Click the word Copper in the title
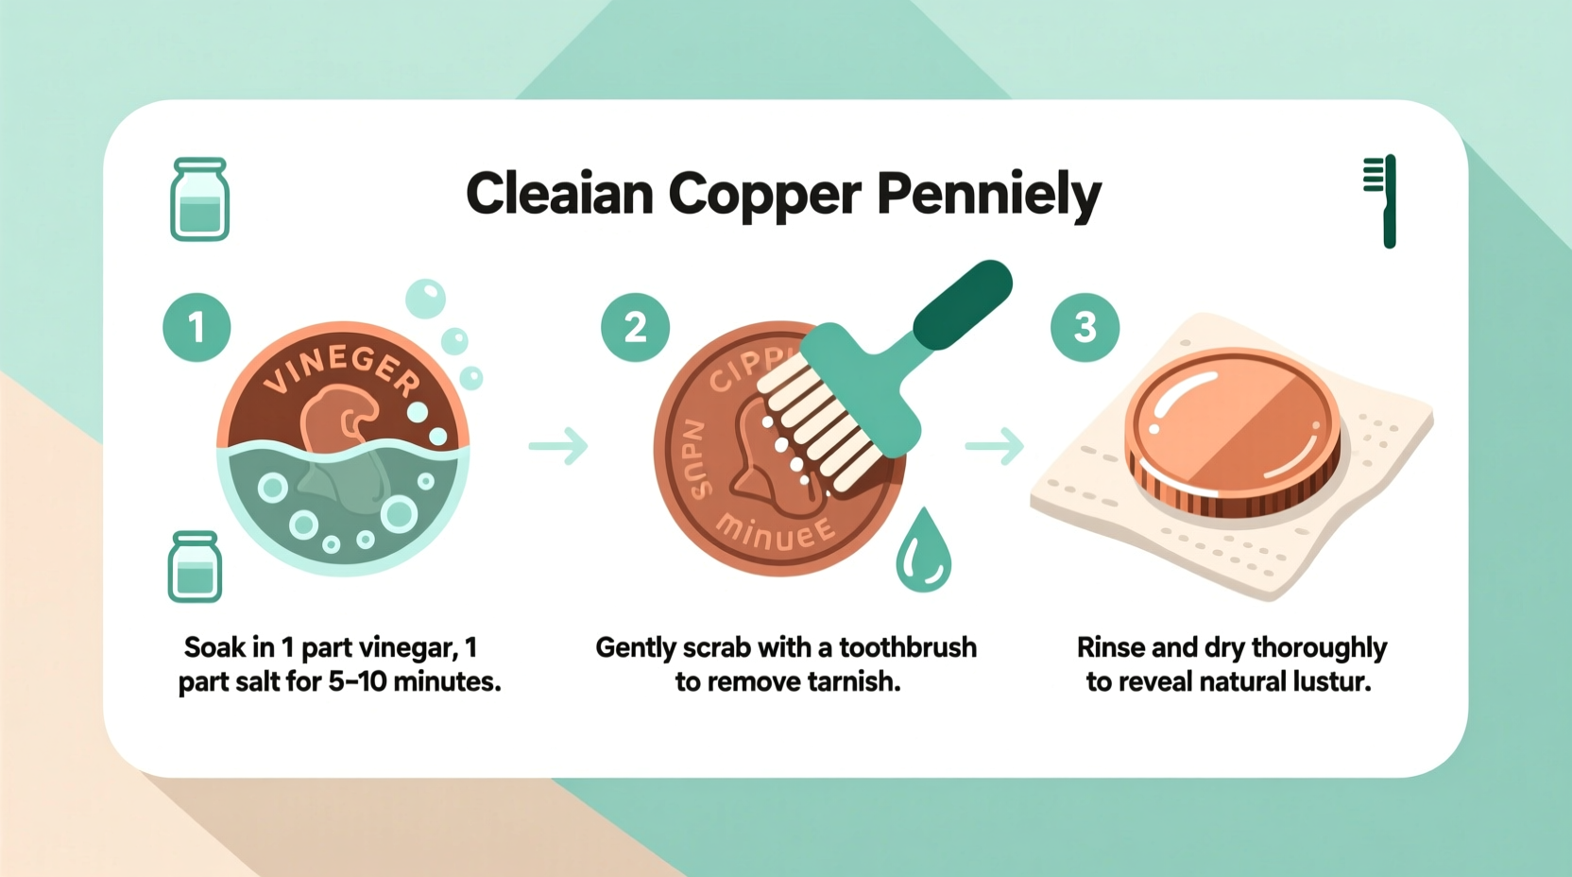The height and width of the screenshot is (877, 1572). pos(764,195)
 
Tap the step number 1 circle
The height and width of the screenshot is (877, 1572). pos(196,327)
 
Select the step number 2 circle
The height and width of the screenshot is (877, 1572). pos(635,327)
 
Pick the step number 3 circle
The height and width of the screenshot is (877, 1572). pos(1085,327)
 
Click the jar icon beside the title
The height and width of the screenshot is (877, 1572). pos(199,199)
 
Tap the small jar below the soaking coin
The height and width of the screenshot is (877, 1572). pos(195,567)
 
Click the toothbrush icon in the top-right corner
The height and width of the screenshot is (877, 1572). pos(1380,200)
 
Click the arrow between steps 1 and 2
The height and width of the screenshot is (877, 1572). pos(558,445)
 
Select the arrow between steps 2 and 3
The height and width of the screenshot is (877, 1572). pos(995,445)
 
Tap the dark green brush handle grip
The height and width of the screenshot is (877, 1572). pos(963,304)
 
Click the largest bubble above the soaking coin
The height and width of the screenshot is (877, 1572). pos(425,299)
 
